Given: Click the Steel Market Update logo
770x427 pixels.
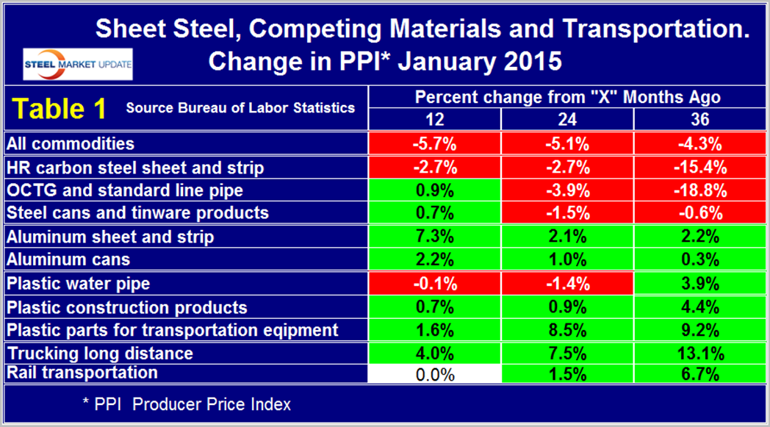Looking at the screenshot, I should [78, 64].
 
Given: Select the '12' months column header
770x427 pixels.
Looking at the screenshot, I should [434, 118].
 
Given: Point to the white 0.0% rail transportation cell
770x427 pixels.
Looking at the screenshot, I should [434, 373].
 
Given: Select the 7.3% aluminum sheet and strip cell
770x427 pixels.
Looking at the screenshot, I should [434, 237].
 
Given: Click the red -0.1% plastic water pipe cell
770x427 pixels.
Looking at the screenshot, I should [434, 283].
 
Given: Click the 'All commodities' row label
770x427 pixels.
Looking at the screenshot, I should [71, 143].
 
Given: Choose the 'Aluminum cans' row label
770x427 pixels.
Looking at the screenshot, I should [68, 259].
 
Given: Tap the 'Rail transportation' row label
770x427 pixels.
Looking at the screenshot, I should [82, 373].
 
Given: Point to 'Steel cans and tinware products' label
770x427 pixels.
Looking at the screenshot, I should [137, 213].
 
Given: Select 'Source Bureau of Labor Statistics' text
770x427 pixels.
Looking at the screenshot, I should [240, 108].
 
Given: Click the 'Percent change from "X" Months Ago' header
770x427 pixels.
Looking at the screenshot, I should [567, 97].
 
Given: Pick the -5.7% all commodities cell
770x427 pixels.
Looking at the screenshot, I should [434, 143].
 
